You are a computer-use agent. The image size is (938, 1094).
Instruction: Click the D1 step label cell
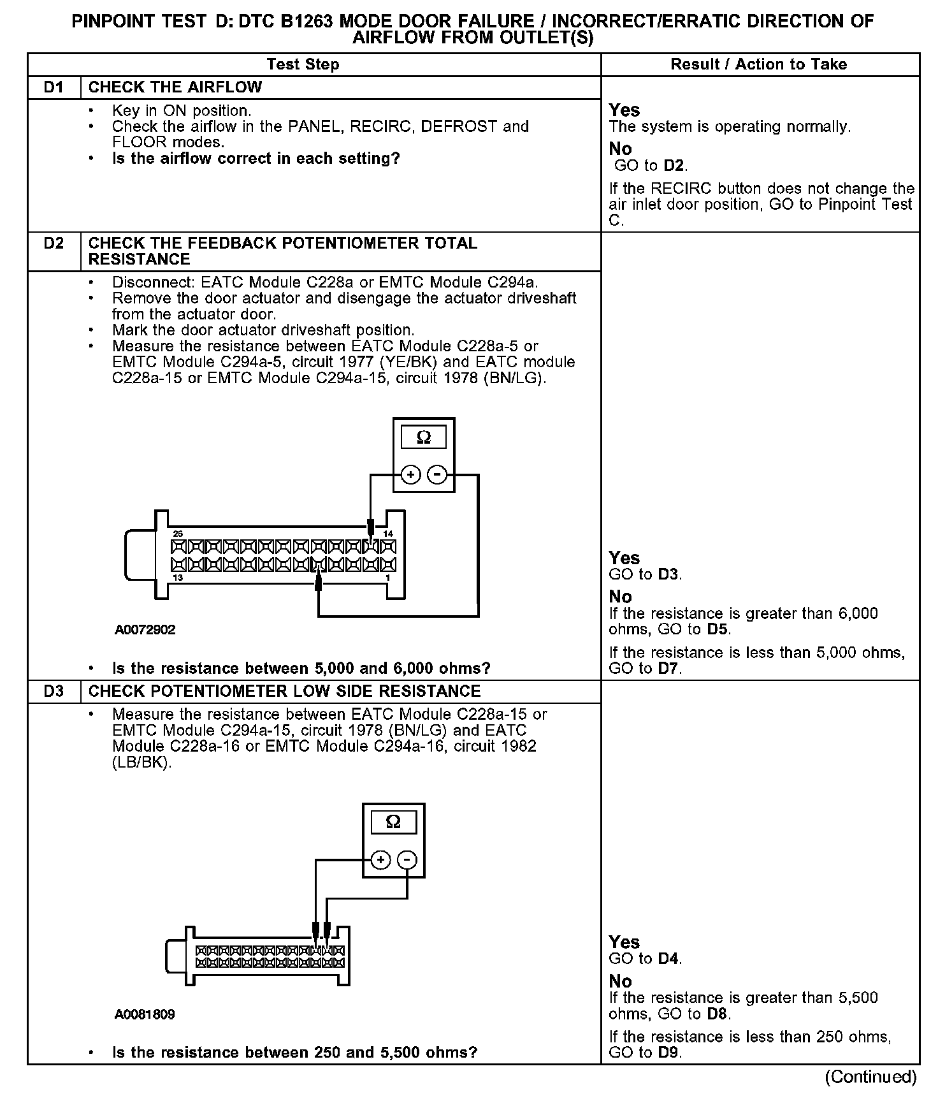[x=54, y=87]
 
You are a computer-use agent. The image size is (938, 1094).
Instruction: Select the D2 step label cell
[x=54, y=244]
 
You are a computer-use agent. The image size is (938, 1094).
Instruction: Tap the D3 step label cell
[x=54, y=692]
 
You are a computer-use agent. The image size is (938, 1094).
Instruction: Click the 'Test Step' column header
[x=303, y=64]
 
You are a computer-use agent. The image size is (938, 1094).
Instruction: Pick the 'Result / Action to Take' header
[x=759, y=64]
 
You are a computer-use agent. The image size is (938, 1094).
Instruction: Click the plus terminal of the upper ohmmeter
[x=411, y=475]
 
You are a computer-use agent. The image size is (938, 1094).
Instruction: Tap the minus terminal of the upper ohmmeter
[x=437, y=475]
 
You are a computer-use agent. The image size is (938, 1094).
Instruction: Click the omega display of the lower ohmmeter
[x=393, y=822]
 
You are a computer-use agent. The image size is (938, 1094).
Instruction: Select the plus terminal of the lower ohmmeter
[x=380, y=860]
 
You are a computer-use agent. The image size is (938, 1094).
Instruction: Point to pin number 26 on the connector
[x=178, y=534]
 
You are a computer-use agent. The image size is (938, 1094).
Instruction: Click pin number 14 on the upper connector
[x=387, y=534]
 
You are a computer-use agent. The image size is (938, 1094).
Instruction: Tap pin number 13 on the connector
[x=178, y=578]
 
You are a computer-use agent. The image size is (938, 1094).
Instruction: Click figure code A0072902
[x=145, y=630]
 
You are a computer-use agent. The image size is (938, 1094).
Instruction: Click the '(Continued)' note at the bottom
[x=870, y=1077]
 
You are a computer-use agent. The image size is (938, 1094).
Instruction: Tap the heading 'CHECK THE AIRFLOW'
[x=175, y=87]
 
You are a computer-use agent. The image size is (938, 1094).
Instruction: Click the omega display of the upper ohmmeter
[x=423, y=438]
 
